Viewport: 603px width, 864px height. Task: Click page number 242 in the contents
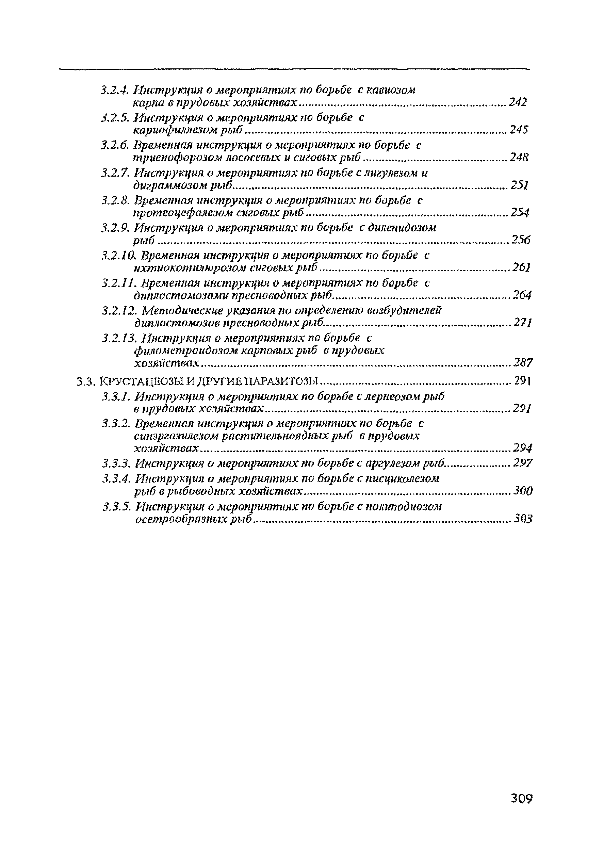click(518, 102)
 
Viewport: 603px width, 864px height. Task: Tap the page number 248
click(519, 157)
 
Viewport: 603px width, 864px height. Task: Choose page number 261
click(521, 267)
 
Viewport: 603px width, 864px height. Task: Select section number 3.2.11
click(118, 283)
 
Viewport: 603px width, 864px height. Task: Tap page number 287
click(523, 363)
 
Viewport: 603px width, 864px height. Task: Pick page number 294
click(523, 448)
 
